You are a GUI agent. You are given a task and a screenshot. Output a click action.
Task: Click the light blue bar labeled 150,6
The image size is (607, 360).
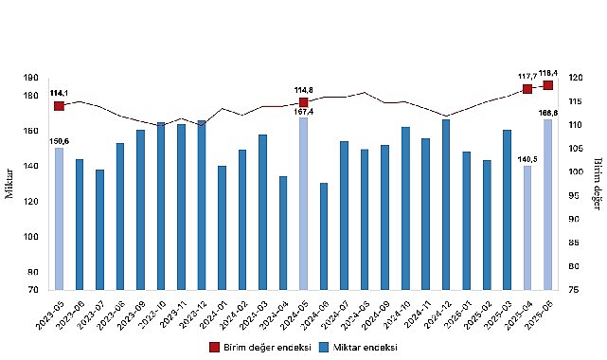[59, 218]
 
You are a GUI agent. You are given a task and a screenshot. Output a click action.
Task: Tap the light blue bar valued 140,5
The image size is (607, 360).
[527, 227]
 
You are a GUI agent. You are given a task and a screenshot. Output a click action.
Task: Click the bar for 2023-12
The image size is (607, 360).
[202, 205]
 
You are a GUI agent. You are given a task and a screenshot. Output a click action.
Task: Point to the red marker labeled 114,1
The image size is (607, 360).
[59, 105]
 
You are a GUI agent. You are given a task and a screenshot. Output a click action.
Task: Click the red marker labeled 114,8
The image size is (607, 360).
[303, 102]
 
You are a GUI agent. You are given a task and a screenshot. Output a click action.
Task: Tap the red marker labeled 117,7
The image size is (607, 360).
[527, 89]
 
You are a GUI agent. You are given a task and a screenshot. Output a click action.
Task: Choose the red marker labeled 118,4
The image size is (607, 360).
[547, 85]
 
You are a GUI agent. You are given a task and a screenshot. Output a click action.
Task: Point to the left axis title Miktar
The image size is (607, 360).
[12, 182]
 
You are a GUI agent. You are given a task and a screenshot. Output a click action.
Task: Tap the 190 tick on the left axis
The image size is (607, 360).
[31, 79]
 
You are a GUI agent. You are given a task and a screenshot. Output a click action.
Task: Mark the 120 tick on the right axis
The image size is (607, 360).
[577, 79]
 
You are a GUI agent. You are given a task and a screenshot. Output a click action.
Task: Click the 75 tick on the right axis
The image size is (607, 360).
[577, 289]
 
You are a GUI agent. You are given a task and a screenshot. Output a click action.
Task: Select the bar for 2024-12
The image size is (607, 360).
[446, 204]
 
